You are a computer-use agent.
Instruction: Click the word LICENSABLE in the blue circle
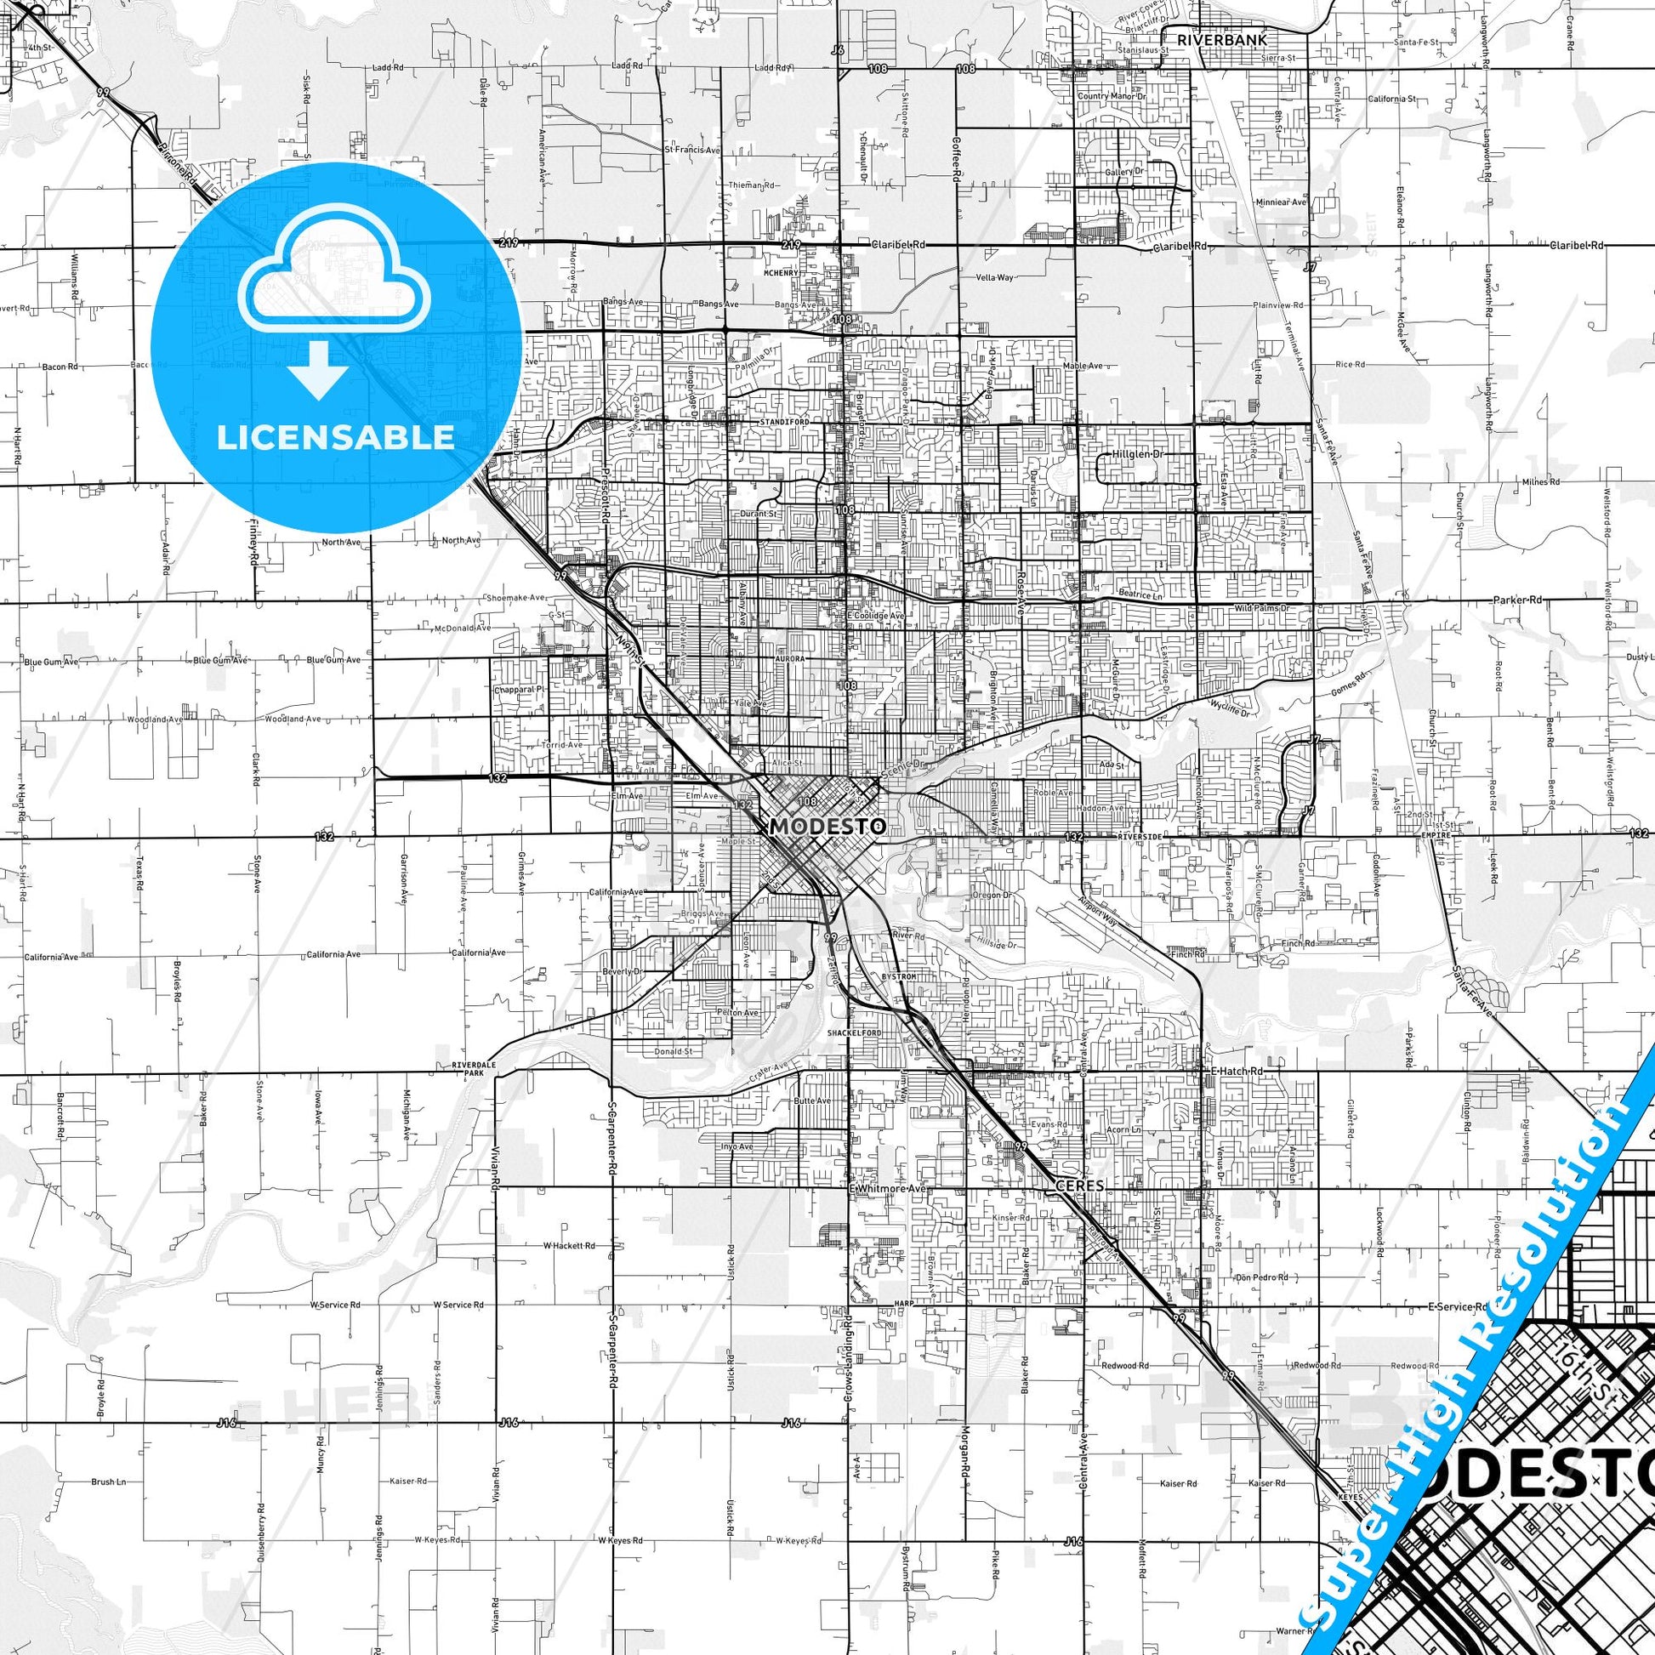pyautogui.click(x=336, y=437)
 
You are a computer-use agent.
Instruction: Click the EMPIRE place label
pyautogui.click(x=1435, y=835)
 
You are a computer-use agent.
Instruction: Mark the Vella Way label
pyautogui.click(x=994, y=277)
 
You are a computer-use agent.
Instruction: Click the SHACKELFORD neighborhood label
pyautogui.click(x=854, y=1034)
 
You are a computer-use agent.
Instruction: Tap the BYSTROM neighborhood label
pyautogui.click(x=900, y=976)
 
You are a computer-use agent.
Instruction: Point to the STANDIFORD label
pyautogui.click(x=785, y=423)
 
